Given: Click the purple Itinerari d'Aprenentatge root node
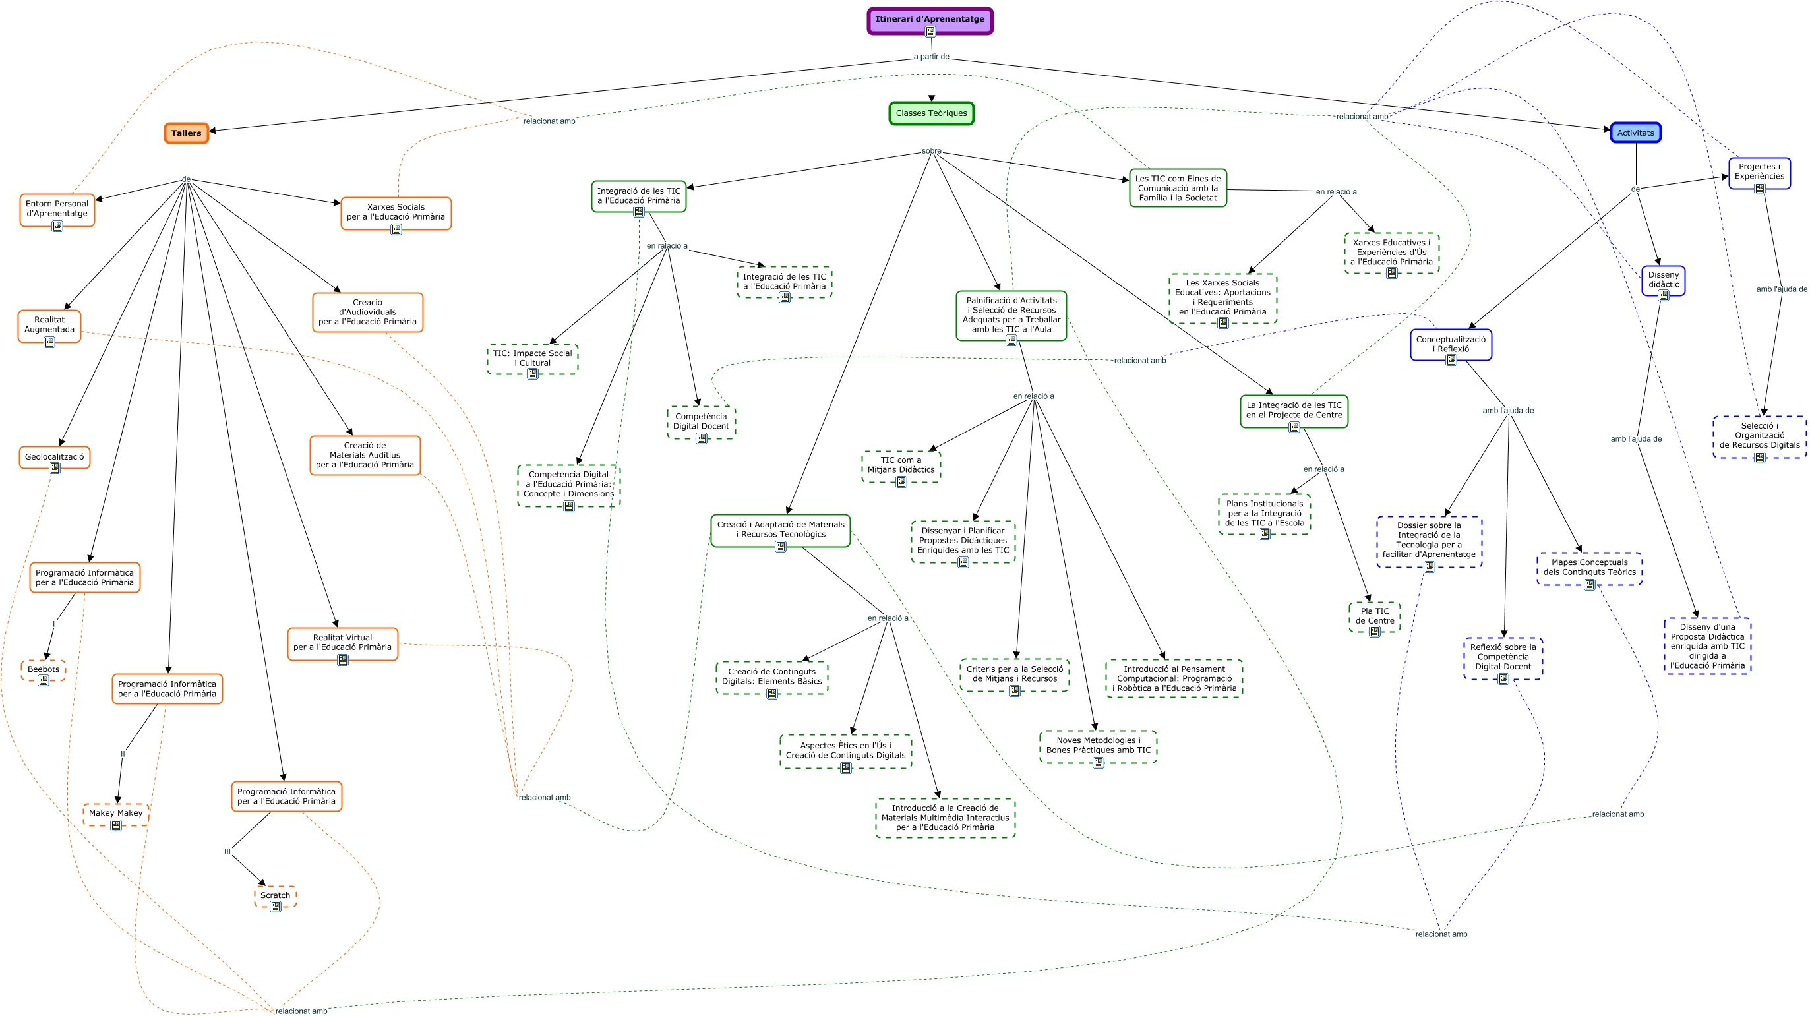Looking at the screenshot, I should tap(930, 20).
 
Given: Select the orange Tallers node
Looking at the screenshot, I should tap(186, 133).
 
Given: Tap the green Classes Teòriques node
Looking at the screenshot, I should tap(931, 113).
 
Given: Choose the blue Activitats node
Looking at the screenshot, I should tap(1635, 133).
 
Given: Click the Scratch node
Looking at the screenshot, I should tap(275, 895).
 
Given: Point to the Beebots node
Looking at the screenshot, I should tap(44, 669).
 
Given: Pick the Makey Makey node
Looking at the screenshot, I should tap(116, 813).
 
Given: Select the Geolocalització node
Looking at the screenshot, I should tap(54, 457).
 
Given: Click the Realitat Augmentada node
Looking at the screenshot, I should tap(49, 324).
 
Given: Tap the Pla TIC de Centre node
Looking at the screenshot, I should tap(1374, 616).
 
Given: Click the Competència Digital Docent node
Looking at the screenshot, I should tap(701, 421).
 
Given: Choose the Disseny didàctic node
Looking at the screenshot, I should tap(1663, 280).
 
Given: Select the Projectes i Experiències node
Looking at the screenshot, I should tap(1759, 171).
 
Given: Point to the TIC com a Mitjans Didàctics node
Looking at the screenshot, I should tap(901, 464).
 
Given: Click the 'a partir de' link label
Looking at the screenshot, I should tap(931, 57).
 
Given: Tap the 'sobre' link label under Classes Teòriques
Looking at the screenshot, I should tap(931, 151).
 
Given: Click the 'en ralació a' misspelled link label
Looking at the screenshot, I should tap(667, 246).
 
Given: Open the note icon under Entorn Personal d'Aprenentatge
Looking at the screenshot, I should tap(57, 226).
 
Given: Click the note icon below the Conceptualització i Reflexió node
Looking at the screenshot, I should tap(1451, 361).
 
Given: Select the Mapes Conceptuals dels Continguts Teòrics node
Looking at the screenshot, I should tap(1589, 567).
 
